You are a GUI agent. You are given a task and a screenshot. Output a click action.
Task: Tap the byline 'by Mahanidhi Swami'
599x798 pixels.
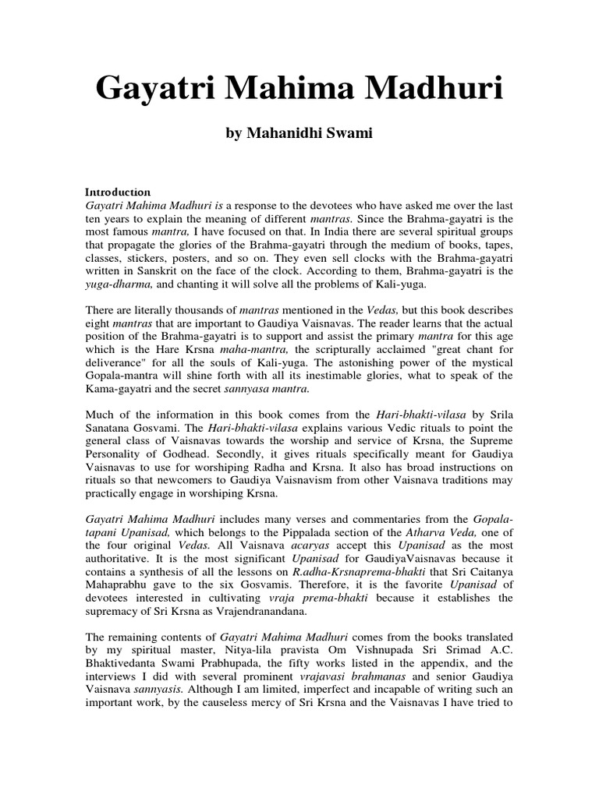point(299,134)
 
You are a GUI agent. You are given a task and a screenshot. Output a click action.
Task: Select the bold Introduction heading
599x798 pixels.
point(117,192)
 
